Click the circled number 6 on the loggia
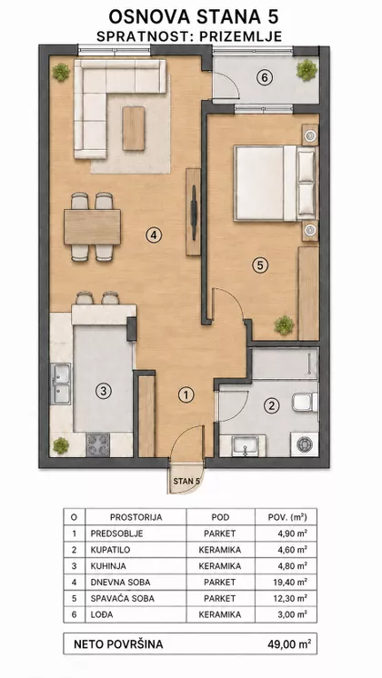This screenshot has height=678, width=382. [x=265, y=78]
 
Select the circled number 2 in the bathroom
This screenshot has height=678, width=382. [x=272, y=405]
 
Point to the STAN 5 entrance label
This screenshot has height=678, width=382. [x=186, y=481]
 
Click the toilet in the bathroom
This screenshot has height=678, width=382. [x=305, y=402]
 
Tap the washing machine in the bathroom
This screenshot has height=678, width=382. [x=305, y=444]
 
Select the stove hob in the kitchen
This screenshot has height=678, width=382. [x=97, y=445]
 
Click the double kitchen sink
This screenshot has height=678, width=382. [x=61, y=384]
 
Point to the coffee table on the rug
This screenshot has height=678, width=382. [x=134, y=128]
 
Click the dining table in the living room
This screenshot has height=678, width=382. [x=92, y=227]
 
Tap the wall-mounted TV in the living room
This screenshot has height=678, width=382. [x=194, y=212]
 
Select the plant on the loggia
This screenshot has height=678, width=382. [x=307, y=70]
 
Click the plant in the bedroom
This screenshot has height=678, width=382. [x=285, y=325]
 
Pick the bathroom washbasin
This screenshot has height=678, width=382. [x=246, y=446]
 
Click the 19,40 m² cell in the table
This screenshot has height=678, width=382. [x=293, y=582]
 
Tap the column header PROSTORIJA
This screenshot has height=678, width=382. [x=136, y=517]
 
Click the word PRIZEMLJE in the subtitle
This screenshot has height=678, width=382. [x=241, y=36]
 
